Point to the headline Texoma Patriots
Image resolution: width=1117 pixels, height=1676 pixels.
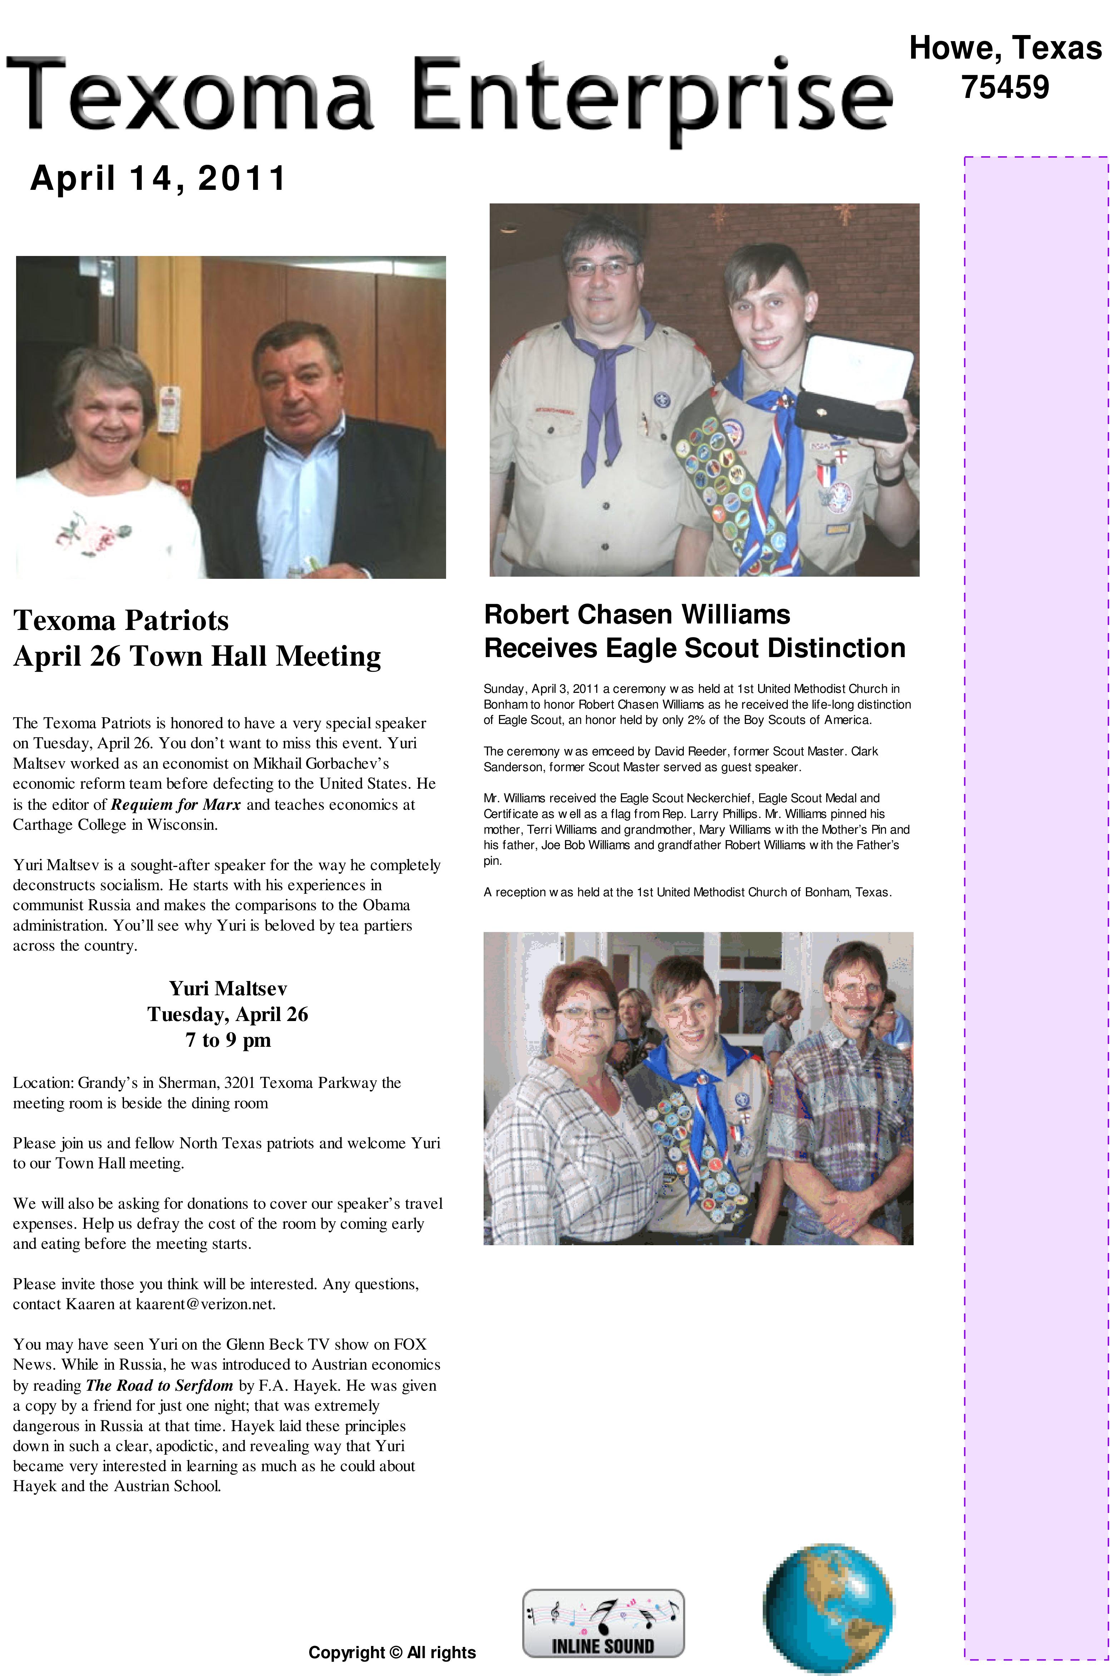pos(121,620)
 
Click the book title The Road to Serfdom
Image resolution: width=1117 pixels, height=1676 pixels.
pos(159,1385)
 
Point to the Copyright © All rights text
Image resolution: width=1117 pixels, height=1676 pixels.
pos(392,1652)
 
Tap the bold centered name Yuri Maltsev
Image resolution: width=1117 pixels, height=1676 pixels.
pos(228,989)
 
